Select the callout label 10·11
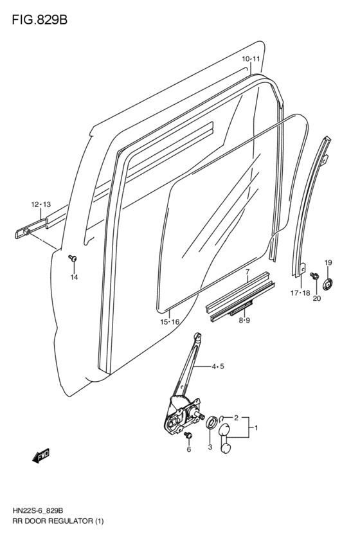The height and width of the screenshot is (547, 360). (251, 59)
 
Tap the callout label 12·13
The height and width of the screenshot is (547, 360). (40, 204)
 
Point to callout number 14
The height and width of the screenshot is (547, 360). (74, 277)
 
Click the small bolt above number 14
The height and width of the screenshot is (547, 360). (73, 258)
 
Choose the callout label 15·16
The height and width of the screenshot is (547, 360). (170, 322)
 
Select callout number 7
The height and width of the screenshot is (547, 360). (246, 272)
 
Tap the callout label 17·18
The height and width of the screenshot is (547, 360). (300, 293)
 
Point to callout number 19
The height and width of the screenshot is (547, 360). (328, 262)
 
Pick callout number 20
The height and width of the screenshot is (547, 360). (316, 298)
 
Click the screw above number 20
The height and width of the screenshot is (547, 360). (314, 276)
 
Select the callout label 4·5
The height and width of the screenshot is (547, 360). (217, 367)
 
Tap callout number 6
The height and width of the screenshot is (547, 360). (189, 450)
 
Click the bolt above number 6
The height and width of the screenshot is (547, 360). (188, 436)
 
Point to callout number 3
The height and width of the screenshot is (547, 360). (209, 447)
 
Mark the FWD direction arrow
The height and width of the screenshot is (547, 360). (41, 457)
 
